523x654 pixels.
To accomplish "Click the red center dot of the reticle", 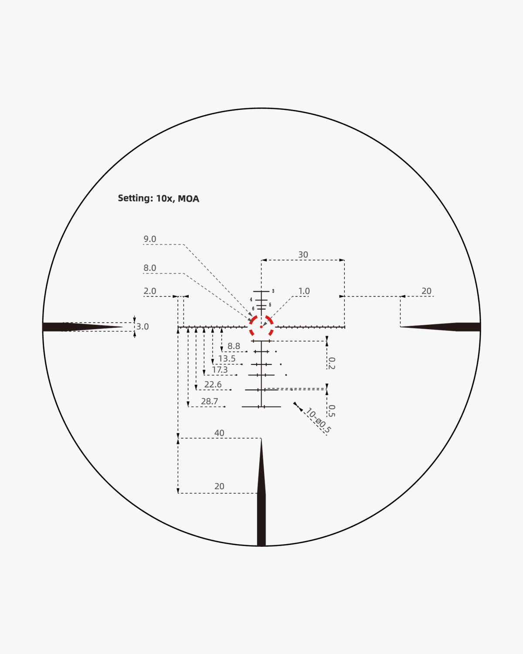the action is click(x=261, y=327).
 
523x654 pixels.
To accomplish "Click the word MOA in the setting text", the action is click(x=188, y=199).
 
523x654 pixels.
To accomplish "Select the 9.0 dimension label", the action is click(x=150, y=239).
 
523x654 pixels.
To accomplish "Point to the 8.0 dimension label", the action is click(x=150, y=268).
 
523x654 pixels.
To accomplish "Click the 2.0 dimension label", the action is click(x=150, y=291).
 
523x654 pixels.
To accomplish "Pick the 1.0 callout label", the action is click(x=304, y=291).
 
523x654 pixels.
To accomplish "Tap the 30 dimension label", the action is click(x=303, y=255).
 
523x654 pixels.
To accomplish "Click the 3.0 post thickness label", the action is click(x=143, y=327).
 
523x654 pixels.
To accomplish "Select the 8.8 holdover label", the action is click(x=234, y=346).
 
